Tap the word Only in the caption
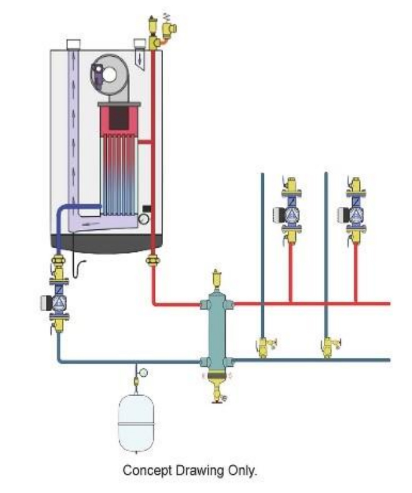[x=243, y=471]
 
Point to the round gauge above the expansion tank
[x=143, y=373]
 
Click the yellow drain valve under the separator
[x=218, y=391]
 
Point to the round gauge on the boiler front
[x=144, y=220]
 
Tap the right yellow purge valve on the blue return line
[x=328, y=347]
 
